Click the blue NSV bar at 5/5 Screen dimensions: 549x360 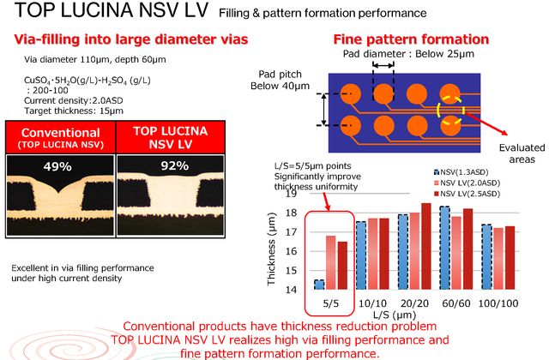point(319,285)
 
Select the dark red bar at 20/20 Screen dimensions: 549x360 point(426,246)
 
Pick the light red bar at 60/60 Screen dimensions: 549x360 point(456,253)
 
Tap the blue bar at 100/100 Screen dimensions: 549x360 point(486,257)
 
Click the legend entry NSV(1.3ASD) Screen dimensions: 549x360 point(461,172)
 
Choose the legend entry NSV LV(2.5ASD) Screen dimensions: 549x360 point(467,194)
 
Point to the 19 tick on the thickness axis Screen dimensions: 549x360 point(291,194)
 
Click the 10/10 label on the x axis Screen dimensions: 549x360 point(372,303)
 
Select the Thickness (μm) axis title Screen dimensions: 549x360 point(271,249)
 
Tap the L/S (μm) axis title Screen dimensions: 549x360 point(395,315)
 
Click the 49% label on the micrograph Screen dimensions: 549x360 point(57,166)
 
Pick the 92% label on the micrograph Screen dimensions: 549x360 point(175,165)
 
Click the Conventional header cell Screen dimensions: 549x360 point(61,137)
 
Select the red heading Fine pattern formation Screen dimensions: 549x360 point(411,39)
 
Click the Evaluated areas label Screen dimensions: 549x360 point(522,153)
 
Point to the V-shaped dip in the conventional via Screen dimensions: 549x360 point(58,192)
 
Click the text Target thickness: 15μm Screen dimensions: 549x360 point(74,111)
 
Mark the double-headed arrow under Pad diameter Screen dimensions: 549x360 point(383,65)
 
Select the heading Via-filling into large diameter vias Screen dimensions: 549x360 point(131,39)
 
